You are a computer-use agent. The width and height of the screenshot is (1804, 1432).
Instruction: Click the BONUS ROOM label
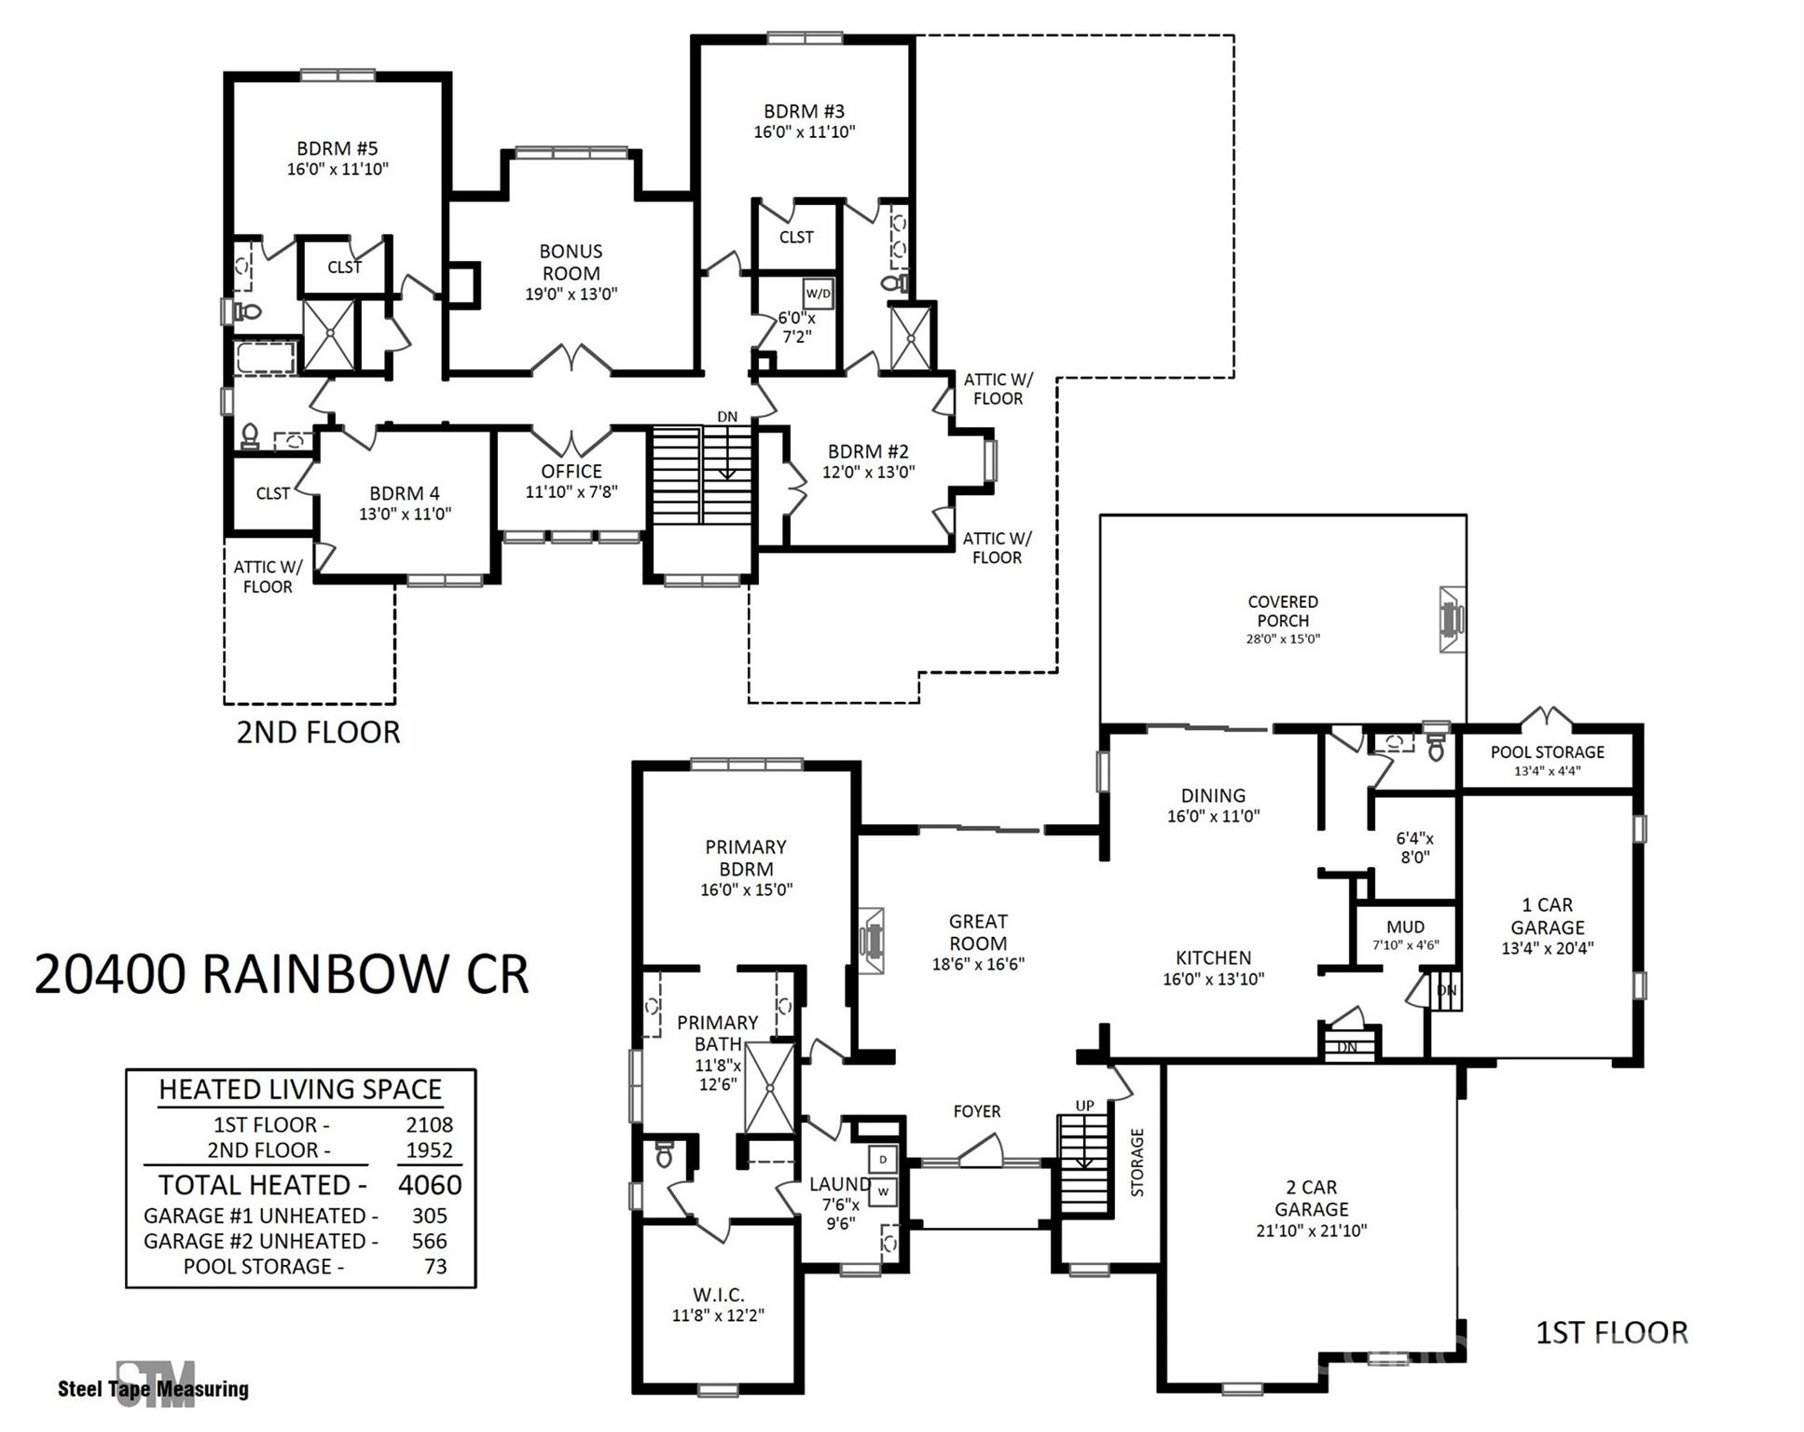tap(571, 262)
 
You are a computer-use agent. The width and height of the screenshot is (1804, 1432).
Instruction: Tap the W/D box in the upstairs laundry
tap(818, 294)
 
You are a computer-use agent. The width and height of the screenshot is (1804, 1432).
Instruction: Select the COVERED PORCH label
tap(1282, 611)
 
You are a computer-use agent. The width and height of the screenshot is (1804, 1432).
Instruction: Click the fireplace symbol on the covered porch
tap(1452, 619)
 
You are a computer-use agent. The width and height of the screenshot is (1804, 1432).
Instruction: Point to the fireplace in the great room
tap(872, 941)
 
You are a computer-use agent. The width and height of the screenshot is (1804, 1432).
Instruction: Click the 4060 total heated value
tap(430, 1184)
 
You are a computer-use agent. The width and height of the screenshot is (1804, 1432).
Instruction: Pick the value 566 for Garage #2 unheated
tap(430, 1241)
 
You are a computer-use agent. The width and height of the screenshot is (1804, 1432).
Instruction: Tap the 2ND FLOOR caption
tap(318, 733)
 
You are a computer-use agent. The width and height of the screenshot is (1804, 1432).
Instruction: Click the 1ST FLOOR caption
tap(1611, 1332)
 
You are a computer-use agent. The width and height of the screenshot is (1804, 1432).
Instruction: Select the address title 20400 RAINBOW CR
tap(282, 974)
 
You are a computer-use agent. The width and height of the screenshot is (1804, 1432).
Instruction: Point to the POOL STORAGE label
tap(1547, 751)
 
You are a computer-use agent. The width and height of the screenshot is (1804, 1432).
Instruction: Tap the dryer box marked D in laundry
tap(883, 1159)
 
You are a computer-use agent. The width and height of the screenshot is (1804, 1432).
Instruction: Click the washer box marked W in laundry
tap(883, 1191)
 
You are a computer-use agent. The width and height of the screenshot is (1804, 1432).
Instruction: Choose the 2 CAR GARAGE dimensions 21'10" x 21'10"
tap(1311, 1230)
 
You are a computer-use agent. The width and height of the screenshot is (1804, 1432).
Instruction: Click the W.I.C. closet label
tap(718, 1295)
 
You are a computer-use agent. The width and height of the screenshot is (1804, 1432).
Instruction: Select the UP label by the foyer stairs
tap(1084, 1106)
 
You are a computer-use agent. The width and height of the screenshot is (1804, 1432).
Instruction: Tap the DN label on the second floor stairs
tap(726, 417)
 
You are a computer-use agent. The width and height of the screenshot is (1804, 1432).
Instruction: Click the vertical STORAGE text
tap(1136, 1162)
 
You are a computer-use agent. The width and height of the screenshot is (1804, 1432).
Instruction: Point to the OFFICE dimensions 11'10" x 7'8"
tap(571, 491)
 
